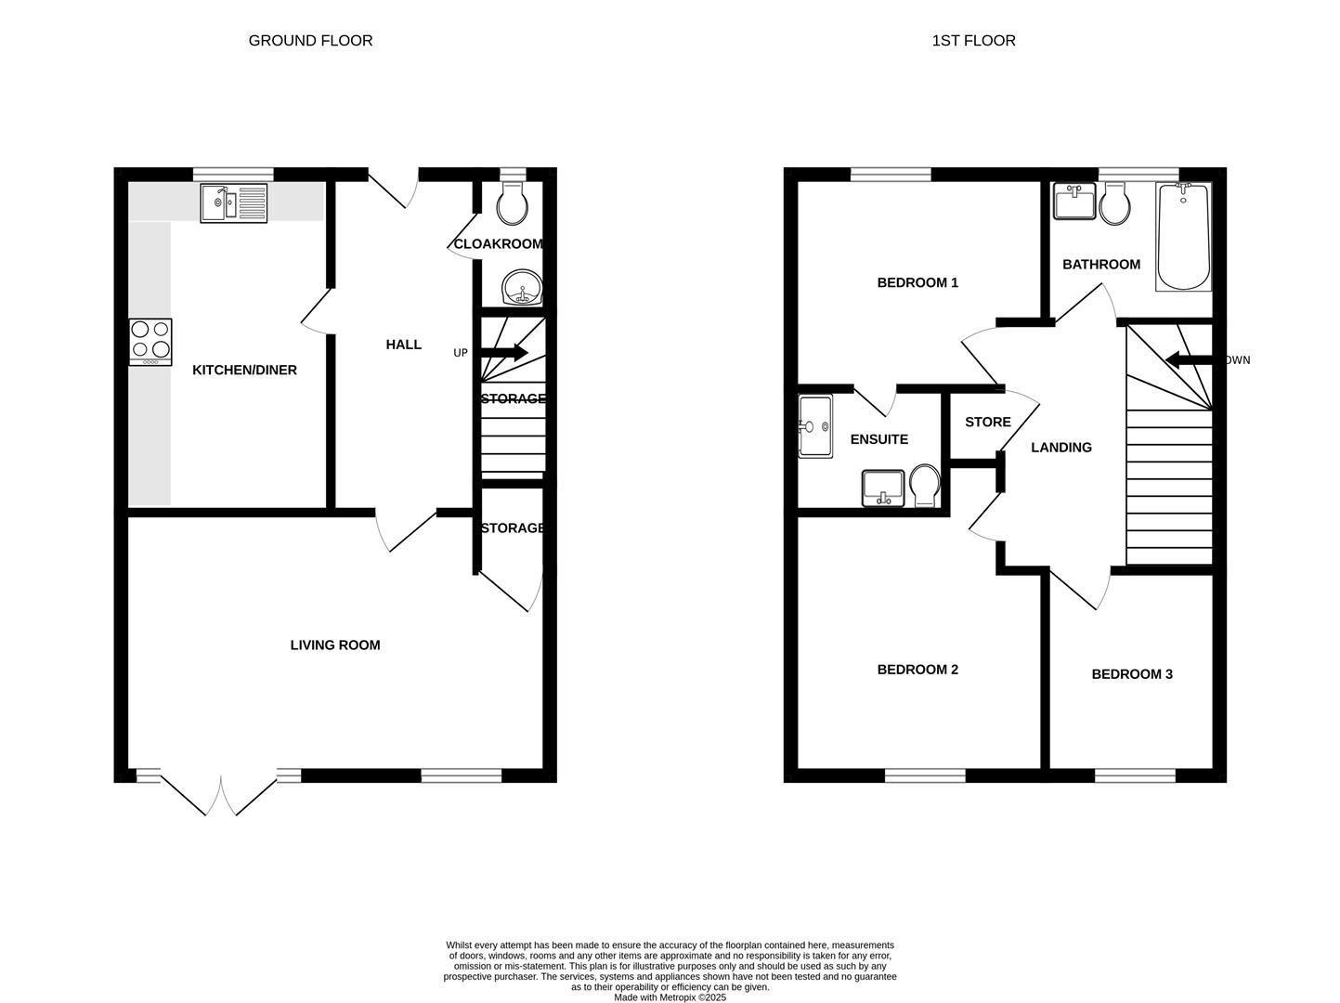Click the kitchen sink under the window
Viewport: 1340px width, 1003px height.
[234, 202]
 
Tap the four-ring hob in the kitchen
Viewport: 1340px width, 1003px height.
[150, 341]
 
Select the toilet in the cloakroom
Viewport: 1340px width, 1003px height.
[512, 204]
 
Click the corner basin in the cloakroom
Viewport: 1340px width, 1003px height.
[522, 289]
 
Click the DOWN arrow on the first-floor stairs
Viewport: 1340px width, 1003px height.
[1184, 360]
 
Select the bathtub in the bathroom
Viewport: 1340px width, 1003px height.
[1183, 238]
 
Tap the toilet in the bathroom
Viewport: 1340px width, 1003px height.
[1112, 204]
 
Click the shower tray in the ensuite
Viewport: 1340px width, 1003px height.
[815, 426]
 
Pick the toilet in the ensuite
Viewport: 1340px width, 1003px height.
[925, 486]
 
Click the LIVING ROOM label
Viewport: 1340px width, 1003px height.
[335, 645]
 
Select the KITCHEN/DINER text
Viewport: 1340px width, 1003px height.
[244, 371]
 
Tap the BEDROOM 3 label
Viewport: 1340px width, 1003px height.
[1131, 674]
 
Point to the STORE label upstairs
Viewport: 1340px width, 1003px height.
[987, 423]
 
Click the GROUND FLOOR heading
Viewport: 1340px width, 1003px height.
[310, 41]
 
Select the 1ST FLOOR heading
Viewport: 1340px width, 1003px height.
[973, 41]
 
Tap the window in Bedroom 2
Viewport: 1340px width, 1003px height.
[925, 775]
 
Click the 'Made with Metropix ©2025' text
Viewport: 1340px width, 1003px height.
[670, 997]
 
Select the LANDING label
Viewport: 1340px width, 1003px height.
[1060, 448]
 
